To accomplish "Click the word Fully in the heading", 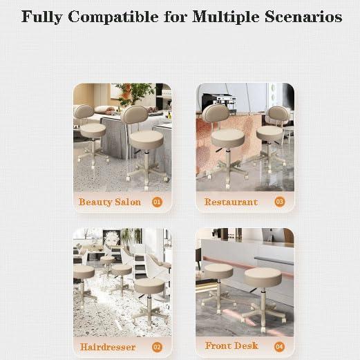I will (x=43, y=17).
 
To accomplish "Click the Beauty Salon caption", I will (x=110, y=202).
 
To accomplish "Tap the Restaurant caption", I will (x=231, y=202).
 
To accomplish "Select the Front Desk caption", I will (x=231, y=345).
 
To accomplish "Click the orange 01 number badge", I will (x=157, y=202).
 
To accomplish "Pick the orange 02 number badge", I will (x=157, y=347).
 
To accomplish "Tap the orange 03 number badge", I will (x=280, y=202).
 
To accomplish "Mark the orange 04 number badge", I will (x=280, y=345).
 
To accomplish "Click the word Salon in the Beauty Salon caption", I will (x=127, y=202).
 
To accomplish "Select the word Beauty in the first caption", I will (x=95, y=202).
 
